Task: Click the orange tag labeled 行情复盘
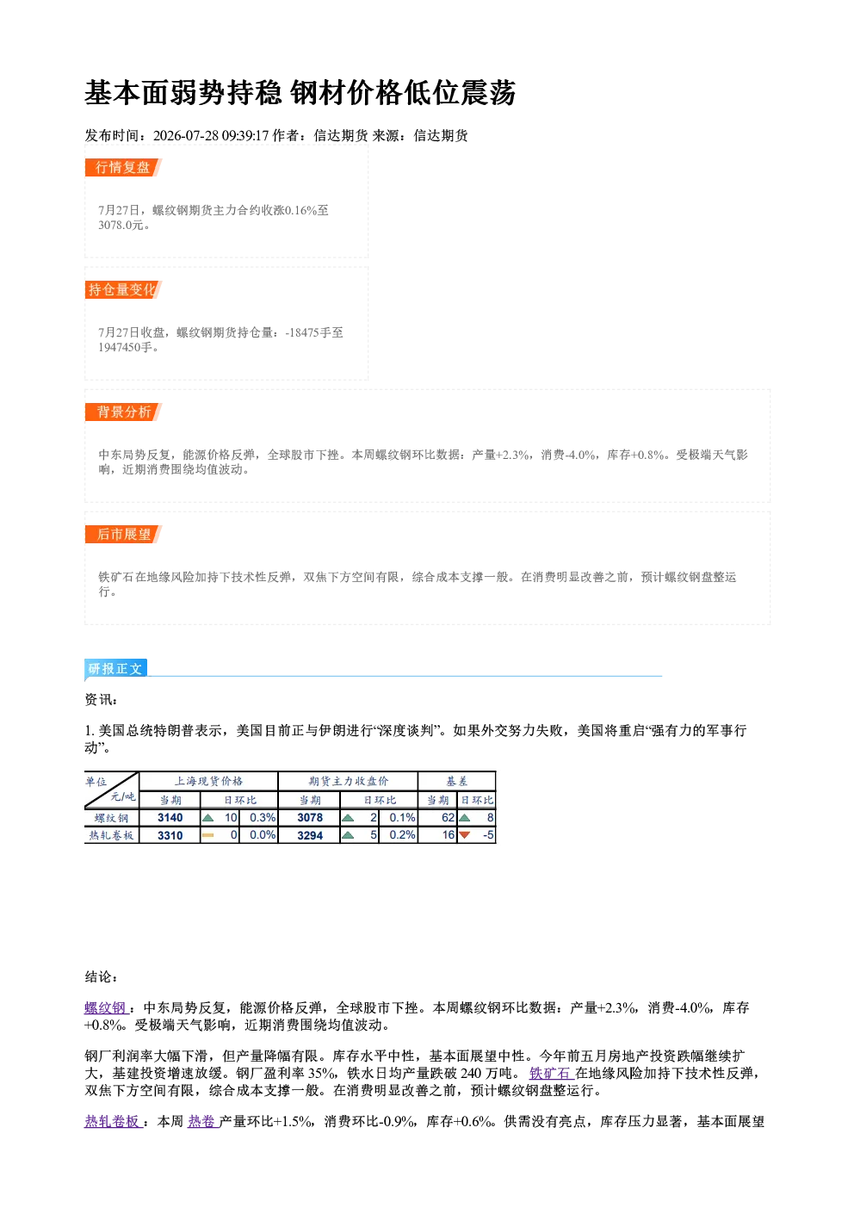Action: point(123,167)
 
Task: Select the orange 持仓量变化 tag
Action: point(123,289)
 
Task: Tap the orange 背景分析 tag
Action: point(123,412)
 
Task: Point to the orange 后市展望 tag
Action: point(123,535)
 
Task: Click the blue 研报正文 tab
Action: point(115,669)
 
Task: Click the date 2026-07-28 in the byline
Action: point(185,135)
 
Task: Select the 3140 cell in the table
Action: point(170,818)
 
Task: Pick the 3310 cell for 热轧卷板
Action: point(170,835)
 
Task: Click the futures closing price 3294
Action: point(310,835)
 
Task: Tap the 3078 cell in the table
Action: point(310,818)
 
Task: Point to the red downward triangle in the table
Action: point(464,835)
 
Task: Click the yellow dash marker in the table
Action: point(207,835)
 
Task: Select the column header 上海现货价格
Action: point(208,781)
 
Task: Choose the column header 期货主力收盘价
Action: point(349,781)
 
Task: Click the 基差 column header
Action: point(456,781)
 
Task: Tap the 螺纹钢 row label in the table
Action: point(112,818)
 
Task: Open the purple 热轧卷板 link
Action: point(114,1122)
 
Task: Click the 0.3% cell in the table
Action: point(263,818)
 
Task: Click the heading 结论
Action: point(101,976)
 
